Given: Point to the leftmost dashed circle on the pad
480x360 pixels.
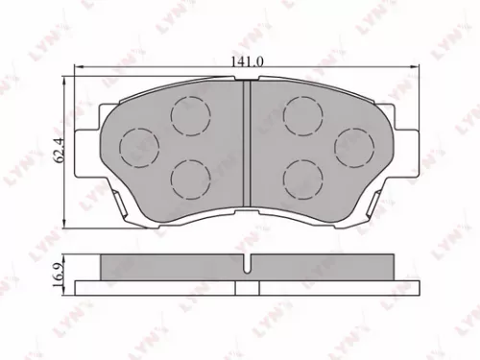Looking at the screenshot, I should click(x=137, y=146).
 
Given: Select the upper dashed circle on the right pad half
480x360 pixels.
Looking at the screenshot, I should click(x=302, y=116).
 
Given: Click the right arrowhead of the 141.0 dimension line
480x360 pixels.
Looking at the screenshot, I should click(x=414, y=68).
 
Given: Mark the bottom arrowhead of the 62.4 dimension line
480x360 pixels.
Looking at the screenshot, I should click(x=67, y=223).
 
